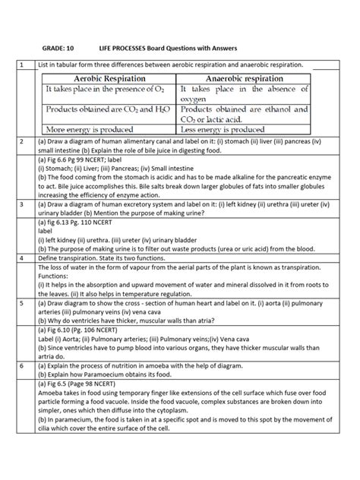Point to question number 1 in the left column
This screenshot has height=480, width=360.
24,65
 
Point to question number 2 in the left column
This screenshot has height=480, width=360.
24,141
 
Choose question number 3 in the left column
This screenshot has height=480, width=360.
24,226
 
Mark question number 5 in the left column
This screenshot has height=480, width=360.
24,344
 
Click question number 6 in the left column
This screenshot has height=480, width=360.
24,408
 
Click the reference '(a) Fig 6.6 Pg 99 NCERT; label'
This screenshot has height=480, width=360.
88,160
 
